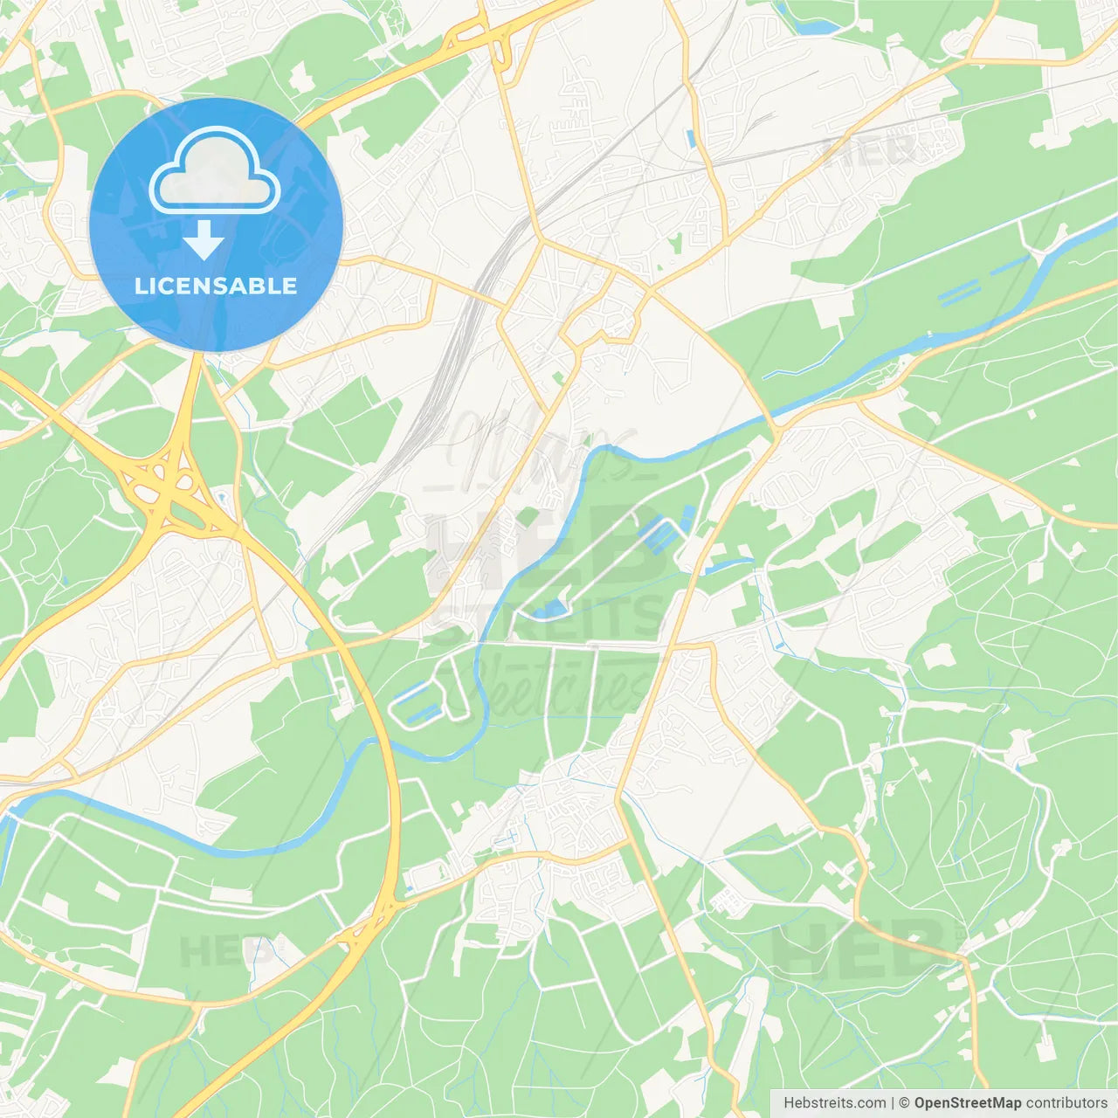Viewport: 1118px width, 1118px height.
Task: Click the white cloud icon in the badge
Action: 215,171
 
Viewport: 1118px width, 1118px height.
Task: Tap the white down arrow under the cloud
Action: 204,240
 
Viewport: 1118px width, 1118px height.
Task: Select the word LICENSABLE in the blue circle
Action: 216,286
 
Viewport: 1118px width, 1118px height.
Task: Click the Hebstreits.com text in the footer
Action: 834,1103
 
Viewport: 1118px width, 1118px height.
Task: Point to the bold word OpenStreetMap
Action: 967,1103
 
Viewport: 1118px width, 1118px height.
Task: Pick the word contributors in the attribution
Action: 1066,1103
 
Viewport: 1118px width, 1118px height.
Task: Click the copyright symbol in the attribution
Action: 904,1103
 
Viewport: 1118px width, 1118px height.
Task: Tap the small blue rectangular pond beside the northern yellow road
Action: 691,138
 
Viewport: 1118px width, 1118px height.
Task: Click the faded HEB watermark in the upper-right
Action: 869,150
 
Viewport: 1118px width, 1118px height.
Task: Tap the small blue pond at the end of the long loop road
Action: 552,607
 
